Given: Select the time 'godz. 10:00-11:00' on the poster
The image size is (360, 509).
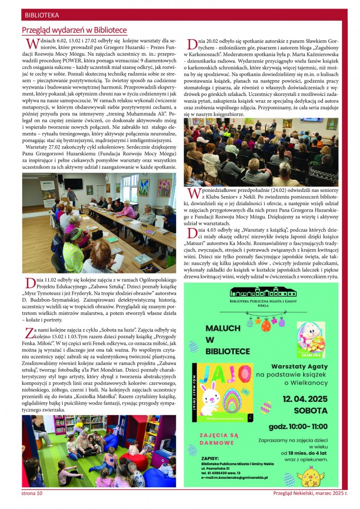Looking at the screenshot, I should click(x=298, y=426).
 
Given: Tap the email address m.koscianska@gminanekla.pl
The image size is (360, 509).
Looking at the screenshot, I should click(x=234, y=477).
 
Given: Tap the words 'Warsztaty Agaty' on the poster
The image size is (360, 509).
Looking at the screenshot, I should click(x=299, y=366).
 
